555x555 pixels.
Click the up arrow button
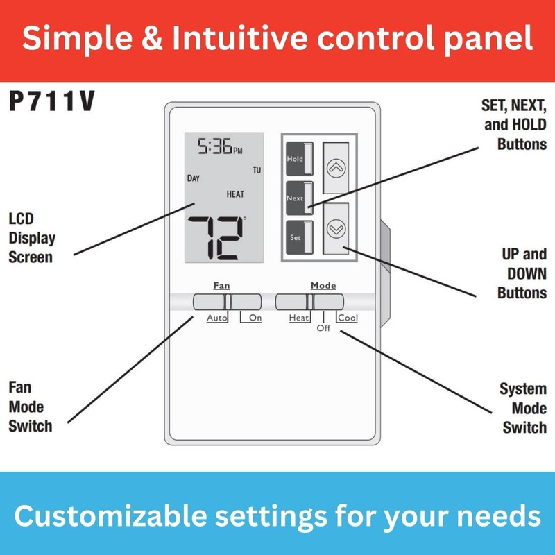pyautogui.click(x=336, y=168)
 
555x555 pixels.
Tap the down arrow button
pyautogui.click(x=336, y=228)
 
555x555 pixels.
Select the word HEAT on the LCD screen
pyautogui.click(x=235, y=194)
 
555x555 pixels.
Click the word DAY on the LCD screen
pyautogui.click(x=194, y=178)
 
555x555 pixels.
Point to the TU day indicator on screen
pyautogui.click(x=257, y=170)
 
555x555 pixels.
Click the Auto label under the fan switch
pyautogui.click(x=217, y=318)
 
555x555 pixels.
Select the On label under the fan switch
pyautogui.click(x=255, y=318)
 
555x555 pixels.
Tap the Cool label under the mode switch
pyautogui.click(x=348, y=318)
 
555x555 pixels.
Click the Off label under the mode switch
pyautogui.click(x=323, y=328)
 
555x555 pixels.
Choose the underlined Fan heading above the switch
pyautogui.click(x=221, y=285)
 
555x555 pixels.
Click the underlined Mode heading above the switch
pyautogui.click(x=323, y=285)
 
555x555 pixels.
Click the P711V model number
pyautogui.click(x=51, y=102)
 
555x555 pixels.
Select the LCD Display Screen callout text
pyautogui.click(x=32, y=238)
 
